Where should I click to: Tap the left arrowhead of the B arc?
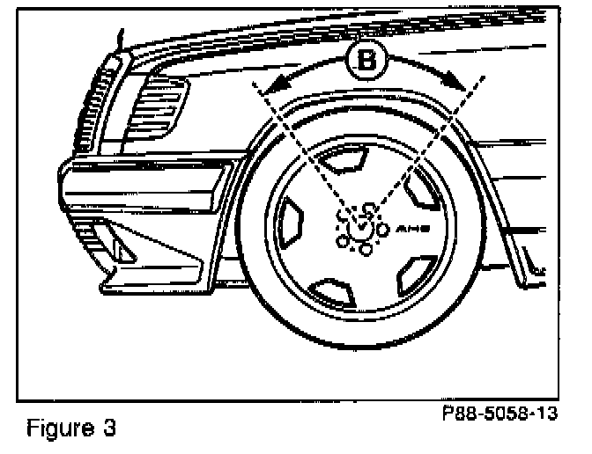tap(276, 84)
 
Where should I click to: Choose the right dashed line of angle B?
tap(423, 150)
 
